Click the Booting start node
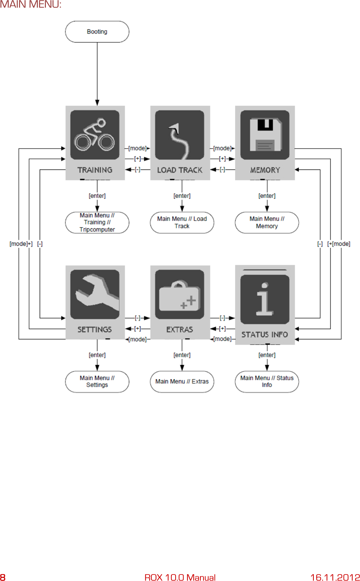click(97, 32)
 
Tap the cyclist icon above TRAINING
click(95, 135)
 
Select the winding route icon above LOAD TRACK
click(179, 135)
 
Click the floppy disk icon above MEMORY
click(265, 135)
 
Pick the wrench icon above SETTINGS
click(95, 294)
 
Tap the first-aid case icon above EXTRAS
click(179, 294)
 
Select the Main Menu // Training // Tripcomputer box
click(97, 223)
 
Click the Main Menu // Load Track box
click(182, 223)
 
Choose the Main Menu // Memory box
click(266, 223)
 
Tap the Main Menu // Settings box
click(97, 381)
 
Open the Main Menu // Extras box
click(182, 381)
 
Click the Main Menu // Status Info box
click(266, 381)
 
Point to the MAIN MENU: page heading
click(31, 5)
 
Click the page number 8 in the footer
click(3, 577)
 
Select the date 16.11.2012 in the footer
click(335, 577)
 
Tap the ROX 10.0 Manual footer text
click(180, 577)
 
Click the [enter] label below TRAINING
click(97, 196)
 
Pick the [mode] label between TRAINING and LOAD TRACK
click(137, 148)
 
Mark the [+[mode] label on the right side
click(339, 244)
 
